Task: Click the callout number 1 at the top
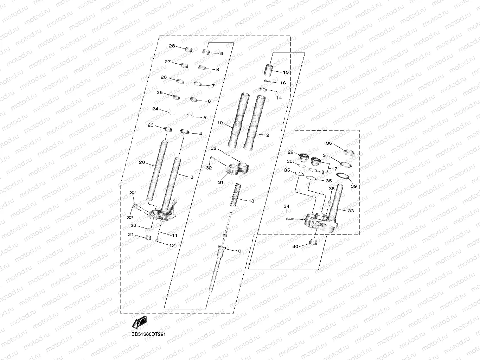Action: [x=241, y=25]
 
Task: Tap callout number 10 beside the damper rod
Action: [x=238, y=251]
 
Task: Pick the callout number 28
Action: [x=172, y=46]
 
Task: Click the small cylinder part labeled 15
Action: [x=269, y=70]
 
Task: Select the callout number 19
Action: [x=220, y=123]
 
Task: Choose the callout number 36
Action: [x=329, y=143]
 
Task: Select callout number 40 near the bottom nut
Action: [x=295, y=246]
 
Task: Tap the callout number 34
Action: [x=287, y=206]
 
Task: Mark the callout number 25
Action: [x=159, y=93]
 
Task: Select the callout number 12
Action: [x=172, y=246]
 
